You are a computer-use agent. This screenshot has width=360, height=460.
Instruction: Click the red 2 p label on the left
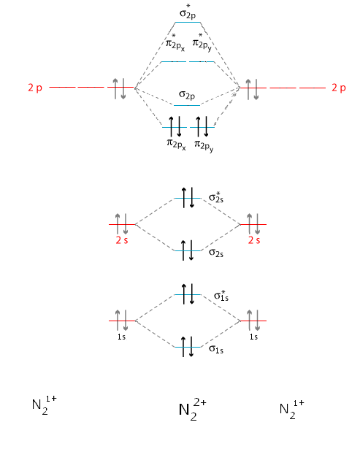pos(35,88)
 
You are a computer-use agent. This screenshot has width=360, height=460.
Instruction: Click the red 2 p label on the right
pos(338,88)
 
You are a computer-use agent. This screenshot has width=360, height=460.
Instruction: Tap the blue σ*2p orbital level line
pos(188,23)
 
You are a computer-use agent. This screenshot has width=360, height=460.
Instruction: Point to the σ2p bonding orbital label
pos(187,96)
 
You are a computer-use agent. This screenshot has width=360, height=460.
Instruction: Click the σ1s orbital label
pos(216,350)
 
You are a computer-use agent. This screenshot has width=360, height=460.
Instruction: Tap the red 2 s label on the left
pos(122,239)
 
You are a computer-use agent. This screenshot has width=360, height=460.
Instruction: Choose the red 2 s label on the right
pos(253,239)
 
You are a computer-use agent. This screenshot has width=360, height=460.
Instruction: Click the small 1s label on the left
pos(122,337)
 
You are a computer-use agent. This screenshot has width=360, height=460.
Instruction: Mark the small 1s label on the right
pos(253,337)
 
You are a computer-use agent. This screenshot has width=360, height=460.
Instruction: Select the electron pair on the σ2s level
pos(187,250)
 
